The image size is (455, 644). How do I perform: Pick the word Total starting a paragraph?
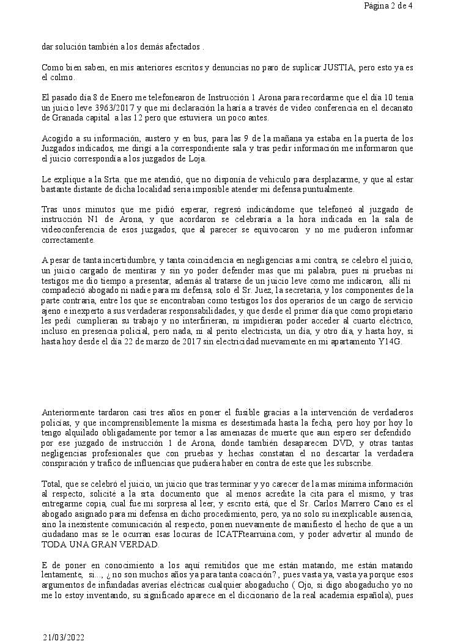coord(51,475)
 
